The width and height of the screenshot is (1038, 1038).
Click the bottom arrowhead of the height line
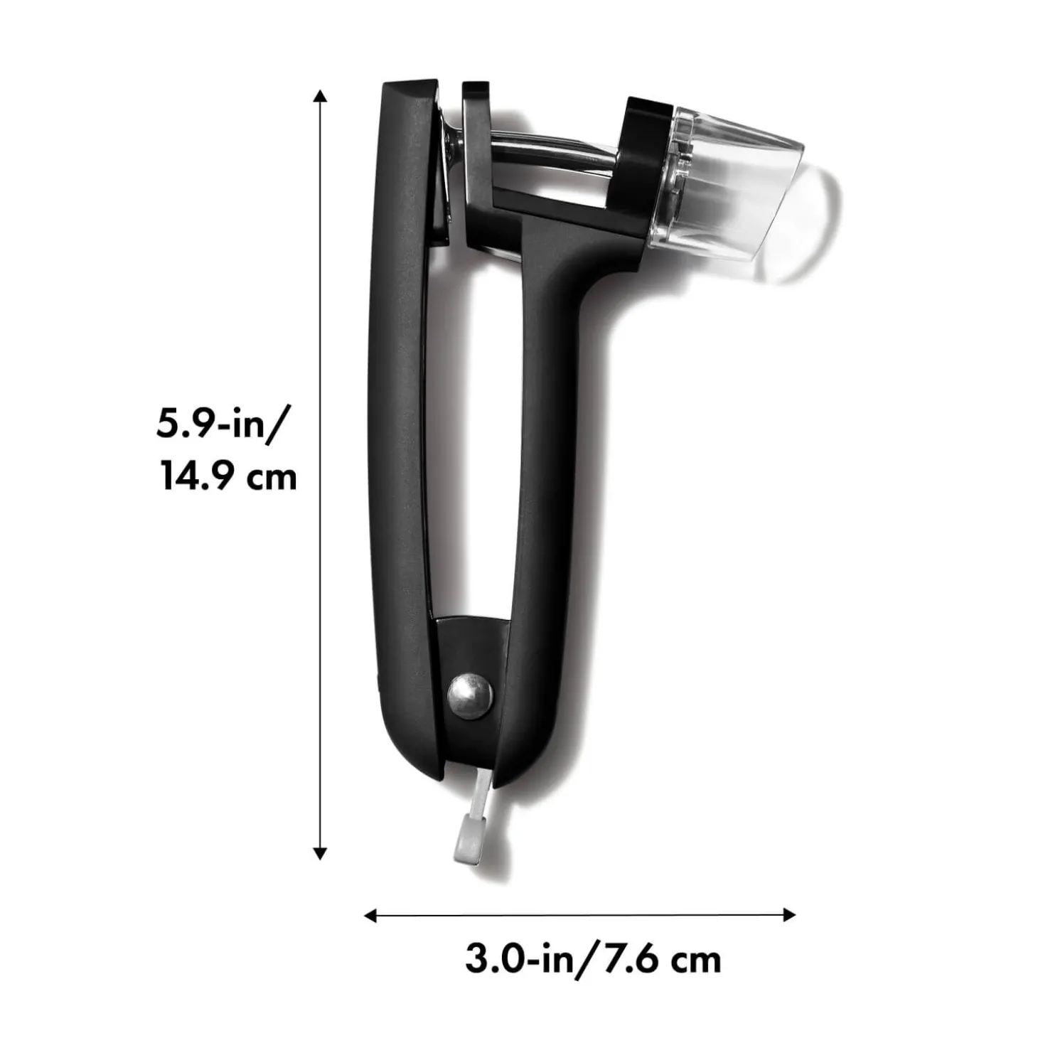tap(321, 852)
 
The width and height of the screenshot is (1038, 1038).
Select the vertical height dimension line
tap(321, 469)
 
